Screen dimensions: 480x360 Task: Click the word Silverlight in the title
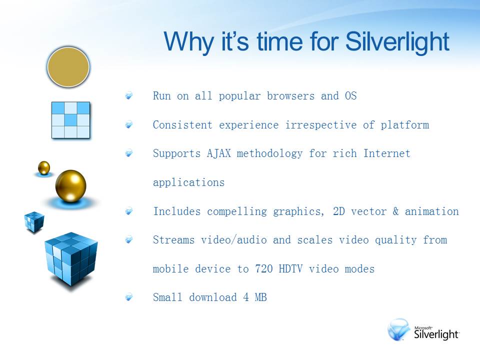397,42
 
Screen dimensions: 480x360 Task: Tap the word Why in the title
189,42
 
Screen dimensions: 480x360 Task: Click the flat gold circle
68,67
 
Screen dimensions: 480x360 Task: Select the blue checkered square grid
70,120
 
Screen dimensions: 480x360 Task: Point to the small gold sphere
44,168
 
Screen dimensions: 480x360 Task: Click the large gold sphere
70,186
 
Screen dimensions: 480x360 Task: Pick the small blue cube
34,221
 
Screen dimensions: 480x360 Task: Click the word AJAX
219,153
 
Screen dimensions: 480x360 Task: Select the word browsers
290,96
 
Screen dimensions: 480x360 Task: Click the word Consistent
182,125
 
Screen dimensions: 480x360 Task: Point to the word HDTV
290,269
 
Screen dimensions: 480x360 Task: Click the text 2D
339,211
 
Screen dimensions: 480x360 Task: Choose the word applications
189,183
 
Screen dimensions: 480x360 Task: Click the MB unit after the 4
261,297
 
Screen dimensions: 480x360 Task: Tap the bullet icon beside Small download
129,297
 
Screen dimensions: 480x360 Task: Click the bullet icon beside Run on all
129,95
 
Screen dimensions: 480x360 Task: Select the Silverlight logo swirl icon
399,329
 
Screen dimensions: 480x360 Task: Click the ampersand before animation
396,211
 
